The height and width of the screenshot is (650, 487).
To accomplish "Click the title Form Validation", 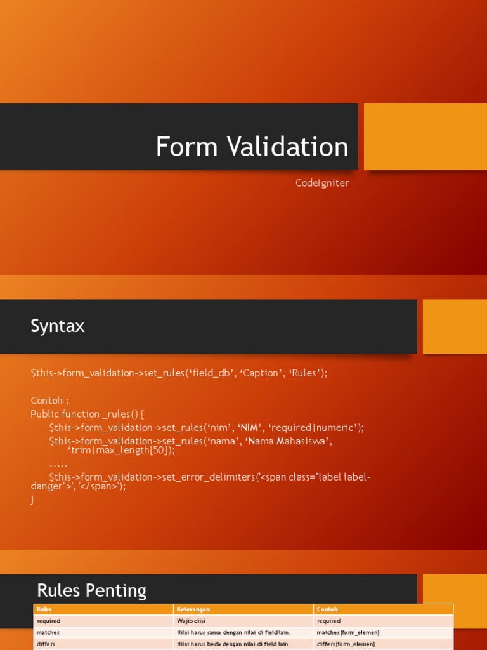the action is tap(252, 147).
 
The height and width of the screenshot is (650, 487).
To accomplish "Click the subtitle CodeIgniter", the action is tap(322, 183).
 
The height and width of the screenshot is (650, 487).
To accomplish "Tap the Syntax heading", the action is tap(58, 326).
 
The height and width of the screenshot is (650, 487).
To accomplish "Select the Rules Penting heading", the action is tap(91, 591).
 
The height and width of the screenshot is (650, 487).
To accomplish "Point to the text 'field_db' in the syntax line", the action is tap(209, 373).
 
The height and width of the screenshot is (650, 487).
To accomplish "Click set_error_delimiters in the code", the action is tap(209, 477).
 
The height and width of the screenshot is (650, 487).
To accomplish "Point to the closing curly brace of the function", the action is tap(32, 500).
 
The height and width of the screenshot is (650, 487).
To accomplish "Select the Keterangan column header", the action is tap(193, 609).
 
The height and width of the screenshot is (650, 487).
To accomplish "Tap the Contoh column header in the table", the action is tap(327, 609).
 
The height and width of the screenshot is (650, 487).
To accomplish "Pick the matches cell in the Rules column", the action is tap(48, 633).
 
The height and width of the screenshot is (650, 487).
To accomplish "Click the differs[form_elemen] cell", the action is tap(346, 644).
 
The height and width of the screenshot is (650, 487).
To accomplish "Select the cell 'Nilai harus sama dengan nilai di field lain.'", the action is tap(233, 633).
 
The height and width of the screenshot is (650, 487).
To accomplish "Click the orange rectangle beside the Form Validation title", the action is tap(425, 137).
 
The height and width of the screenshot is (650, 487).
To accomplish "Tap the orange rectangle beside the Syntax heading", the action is tap(455, 327).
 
